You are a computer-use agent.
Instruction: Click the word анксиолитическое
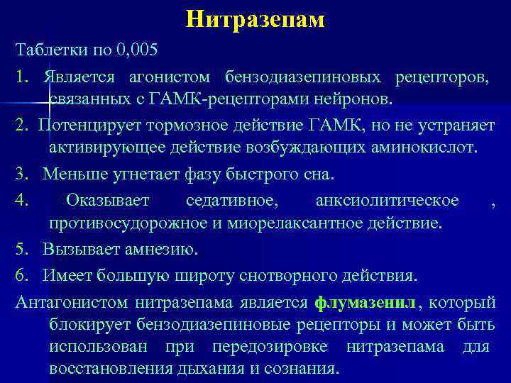click(387, 200)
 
